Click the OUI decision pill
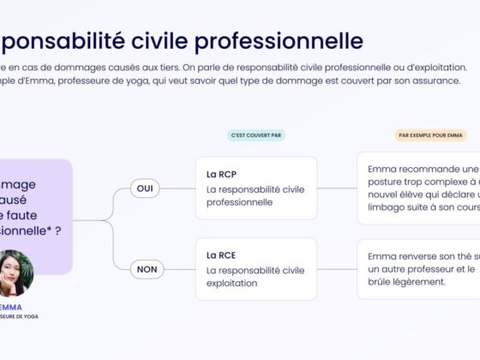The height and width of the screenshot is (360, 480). tap(145, 189)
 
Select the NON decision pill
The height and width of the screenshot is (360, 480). tap(147, 270)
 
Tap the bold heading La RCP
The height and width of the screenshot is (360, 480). tap(221, 174)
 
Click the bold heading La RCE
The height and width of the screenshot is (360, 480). tap(221, 255)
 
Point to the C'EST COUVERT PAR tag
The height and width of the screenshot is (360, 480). tap(256, 135)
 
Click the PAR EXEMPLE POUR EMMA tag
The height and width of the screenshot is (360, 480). tap(429, 135)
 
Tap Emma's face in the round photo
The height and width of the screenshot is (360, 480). tap(15, 271)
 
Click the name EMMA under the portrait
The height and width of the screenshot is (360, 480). tap(11, 307)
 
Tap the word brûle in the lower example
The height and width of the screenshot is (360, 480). tap(383, 282)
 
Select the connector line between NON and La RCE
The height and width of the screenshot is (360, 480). tap(180, 270)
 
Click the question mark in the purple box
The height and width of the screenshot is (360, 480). tap(57, 231)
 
